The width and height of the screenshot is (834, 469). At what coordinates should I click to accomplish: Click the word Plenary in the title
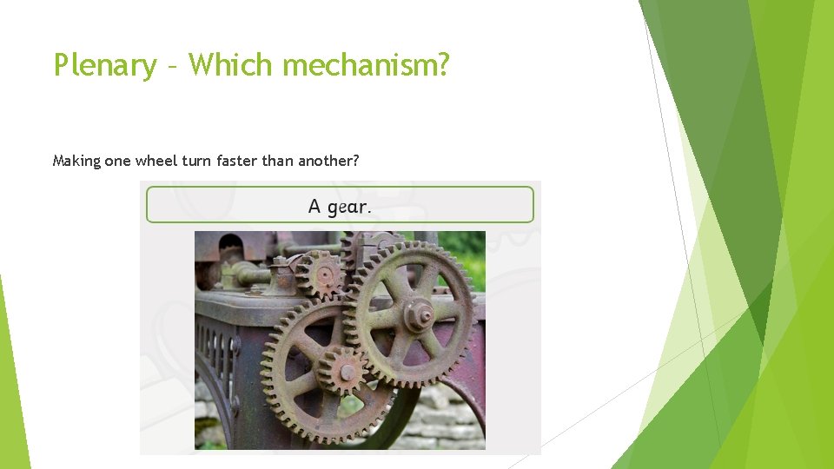(105, 65)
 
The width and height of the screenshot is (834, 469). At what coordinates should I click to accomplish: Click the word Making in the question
(76, 161)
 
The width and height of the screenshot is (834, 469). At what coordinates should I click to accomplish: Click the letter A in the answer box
(314, 207)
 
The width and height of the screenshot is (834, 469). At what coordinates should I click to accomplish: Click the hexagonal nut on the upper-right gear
(420, 315)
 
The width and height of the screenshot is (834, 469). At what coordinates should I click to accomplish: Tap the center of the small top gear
(323, 274)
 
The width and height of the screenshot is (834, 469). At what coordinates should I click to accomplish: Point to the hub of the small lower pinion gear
(347, 373)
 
